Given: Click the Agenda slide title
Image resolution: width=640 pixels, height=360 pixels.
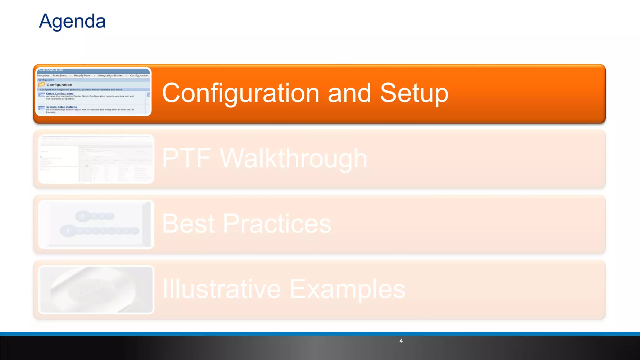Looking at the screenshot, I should (72, 21).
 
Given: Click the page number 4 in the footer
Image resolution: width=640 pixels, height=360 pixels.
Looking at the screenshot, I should (401, 341).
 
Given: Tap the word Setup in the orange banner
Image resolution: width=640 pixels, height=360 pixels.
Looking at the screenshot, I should (414, 93).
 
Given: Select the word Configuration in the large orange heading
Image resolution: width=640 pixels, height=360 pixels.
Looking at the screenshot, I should (241, 93).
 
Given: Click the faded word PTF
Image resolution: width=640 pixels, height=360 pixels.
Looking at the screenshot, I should (187, 158).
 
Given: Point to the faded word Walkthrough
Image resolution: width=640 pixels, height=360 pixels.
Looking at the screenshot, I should (293, 158).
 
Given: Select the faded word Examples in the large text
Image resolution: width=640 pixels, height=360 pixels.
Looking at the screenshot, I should (347, 289).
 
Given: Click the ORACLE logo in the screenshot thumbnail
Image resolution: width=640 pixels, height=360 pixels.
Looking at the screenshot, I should (52, 70).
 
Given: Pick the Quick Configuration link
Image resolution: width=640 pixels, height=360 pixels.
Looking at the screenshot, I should (60, 93).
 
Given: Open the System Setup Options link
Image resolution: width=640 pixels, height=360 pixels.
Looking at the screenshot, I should (62, 107).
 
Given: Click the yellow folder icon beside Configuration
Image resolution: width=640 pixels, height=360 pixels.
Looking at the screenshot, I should (42, 84).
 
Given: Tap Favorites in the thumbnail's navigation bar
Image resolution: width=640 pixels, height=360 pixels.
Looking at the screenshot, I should (43, 76).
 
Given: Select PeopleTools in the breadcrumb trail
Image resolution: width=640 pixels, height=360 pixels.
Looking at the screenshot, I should (82, 76).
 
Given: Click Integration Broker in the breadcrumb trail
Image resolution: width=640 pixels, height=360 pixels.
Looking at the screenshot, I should (110, 76).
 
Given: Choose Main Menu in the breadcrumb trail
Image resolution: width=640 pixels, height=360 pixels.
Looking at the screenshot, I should (60, 76).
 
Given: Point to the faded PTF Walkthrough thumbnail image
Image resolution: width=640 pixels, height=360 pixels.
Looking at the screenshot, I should (96, 159).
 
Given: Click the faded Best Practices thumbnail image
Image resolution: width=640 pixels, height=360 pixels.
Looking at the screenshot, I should (96, 224).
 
